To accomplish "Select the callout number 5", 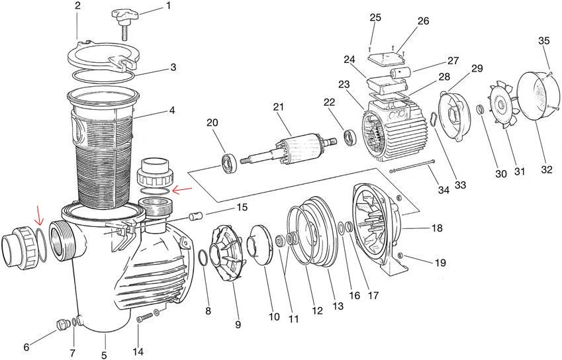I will [x=104, y=355].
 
